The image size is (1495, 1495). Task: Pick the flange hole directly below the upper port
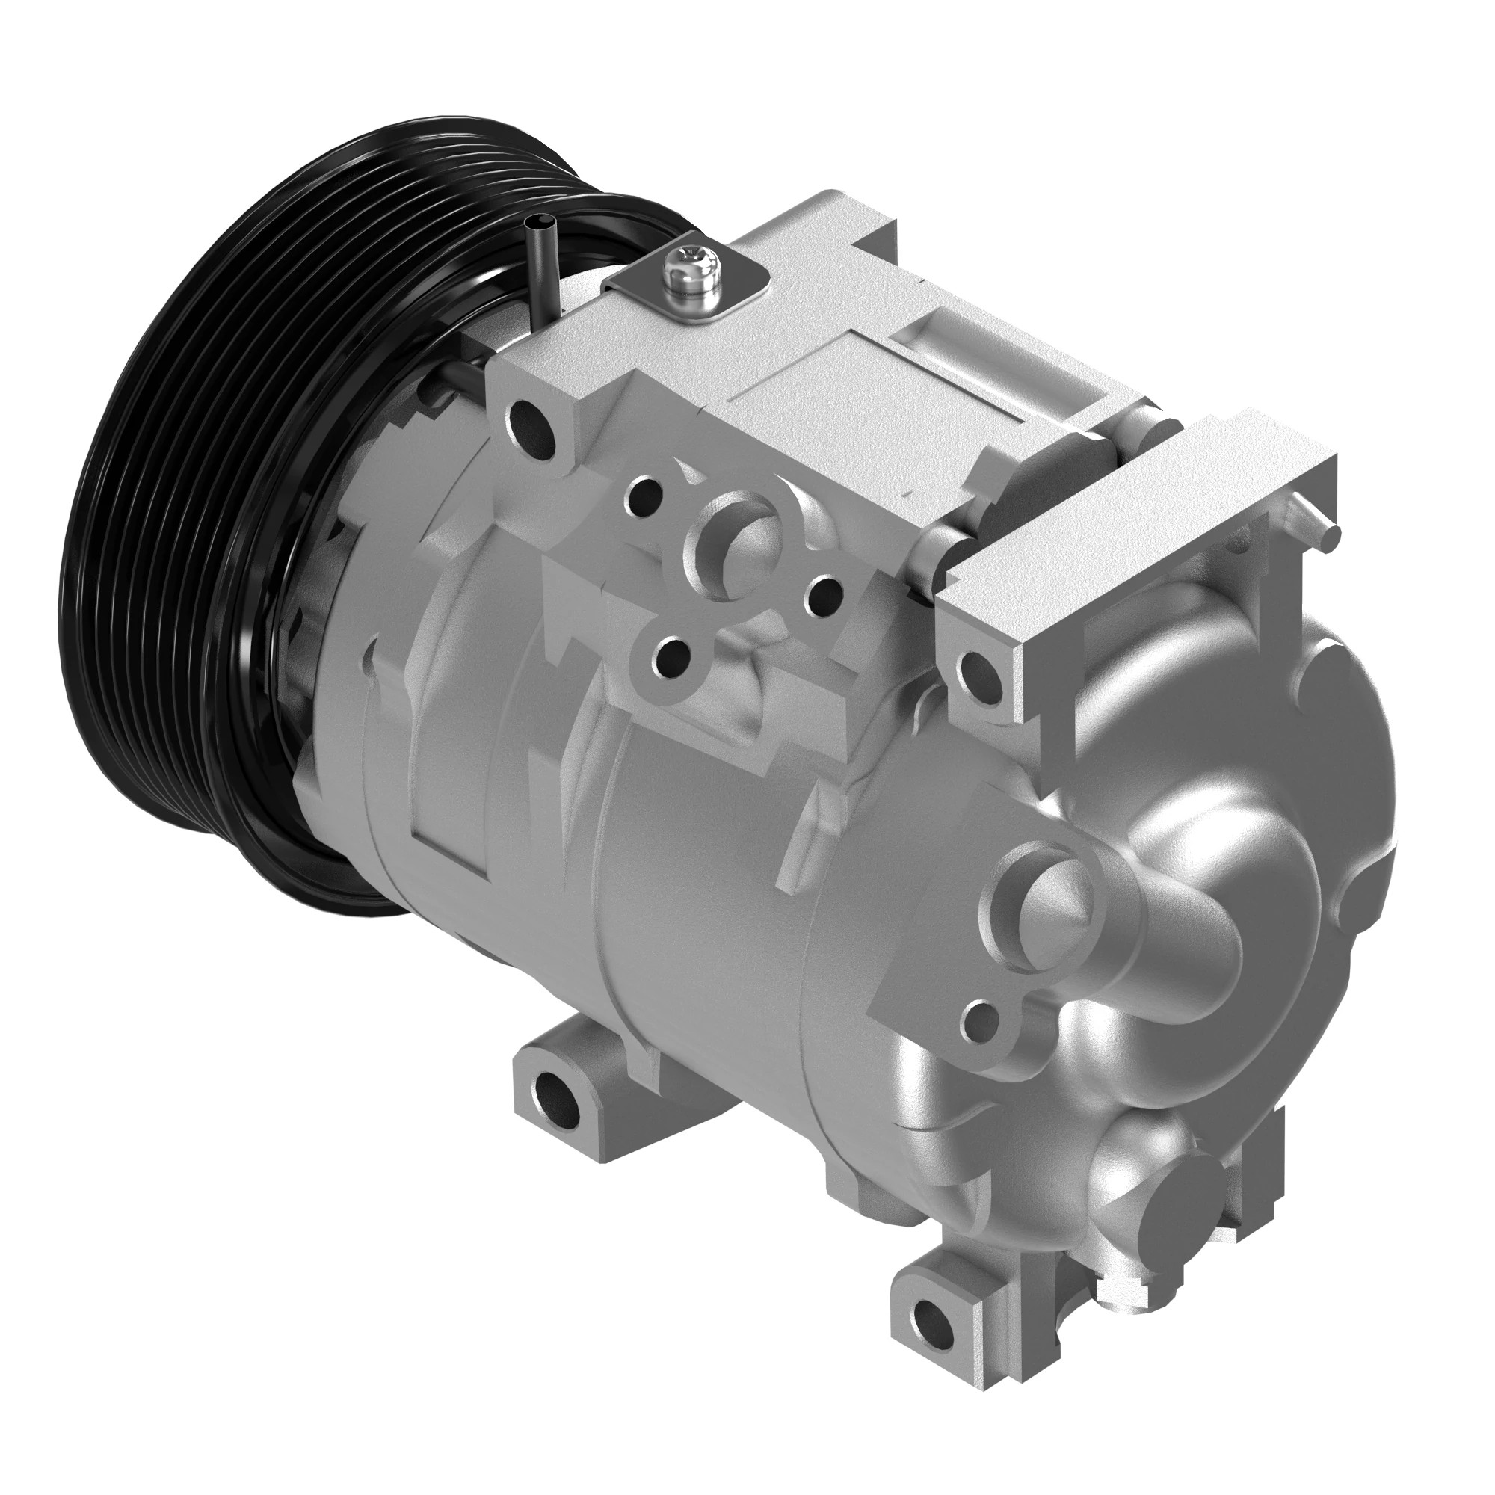coord(672,657)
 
